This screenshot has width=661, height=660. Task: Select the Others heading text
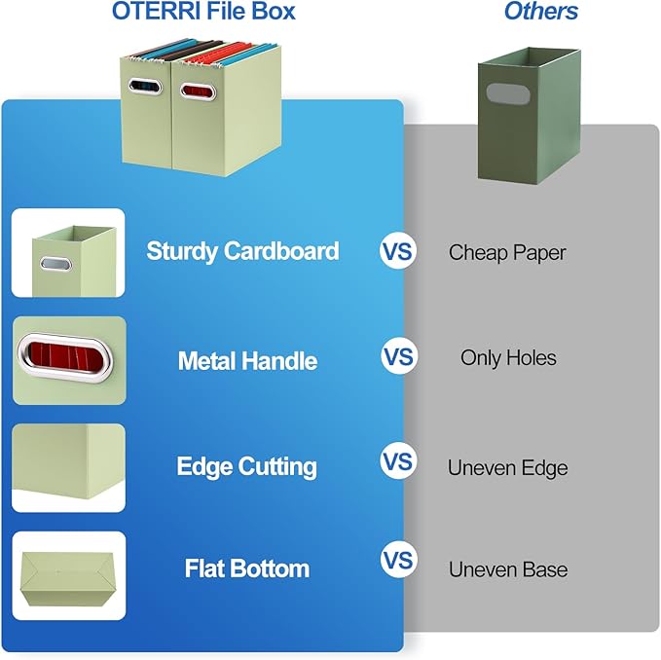pos(540,12)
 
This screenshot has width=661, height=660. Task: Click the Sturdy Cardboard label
pos(242,251)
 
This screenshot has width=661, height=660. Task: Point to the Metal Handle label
pos(247,361)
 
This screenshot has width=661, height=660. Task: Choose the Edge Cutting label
pos(246,466)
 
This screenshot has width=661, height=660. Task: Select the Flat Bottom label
pos(247,568)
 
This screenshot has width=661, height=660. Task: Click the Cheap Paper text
pos(507,253)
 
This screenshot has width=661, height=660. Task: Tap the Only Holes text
pos(508,358)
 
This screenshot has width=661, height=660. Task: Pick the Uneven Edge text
pos(507,468)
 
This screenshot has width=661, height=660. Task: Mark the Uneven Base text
pos(507,569)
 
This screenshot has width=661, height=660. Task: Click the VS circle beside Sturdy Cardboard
pos(397,252)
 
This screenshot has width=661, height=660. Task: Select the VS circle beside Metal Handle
pos(397,357)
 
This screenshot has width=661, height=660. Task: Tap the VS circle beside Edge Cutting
pos(397,459)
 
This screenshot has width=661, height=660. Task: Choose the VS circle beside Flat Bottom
pos(397,562)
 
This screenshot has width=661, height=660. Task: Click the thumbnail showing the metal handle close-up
pos(68,360)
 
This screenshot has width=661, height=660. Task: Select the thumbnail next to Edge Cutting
pos(68,467)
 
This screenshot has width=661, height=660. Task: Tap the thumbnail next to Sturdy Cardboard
pos(68,253)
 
